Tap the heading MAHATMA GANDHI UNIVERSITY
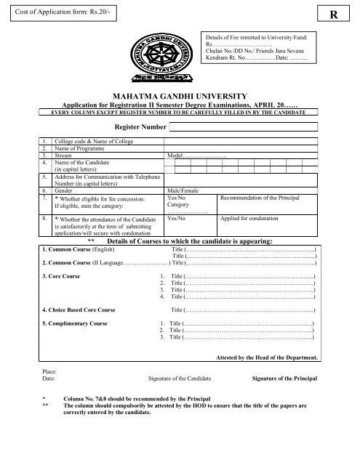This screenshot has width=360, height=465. [179, 95]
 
